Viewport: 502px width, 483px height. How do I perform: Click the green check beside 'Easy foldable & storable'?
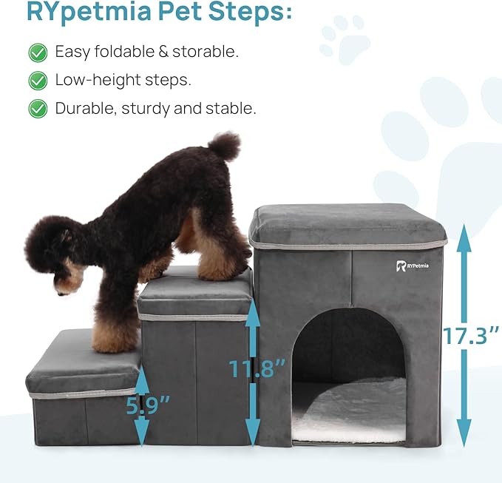pyautogui.click(x=38, y=52)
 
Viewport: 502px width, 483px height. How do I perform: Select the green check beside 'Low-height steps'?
pyautogui.click(x=38, y=80)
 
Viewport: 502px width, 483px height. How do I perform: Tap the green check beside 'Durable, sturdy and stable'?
pyautogui.click(x=38, y=109)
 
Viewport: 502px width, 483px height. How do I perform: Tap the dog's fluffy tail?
pyautogui.click(x=224, y=145)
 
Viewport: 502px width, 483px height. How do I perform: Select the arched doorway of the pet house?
pyautogui.click(x=348, y=348)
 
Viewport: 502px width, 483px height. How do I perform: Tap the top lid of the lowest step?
pyautogui.click(x=81, y=362)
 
